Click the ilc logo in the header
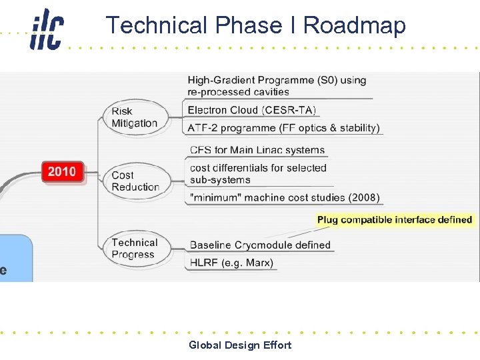[x=46, y=30]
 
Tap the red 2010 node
[x=62, y=172]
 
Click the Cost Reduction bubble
[x=135, y=181]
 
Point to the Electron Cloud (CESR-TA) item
[x=251, y=110]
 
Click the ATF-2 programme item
[x=283, y=128]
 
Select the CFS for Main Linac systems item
[x=257, y=150]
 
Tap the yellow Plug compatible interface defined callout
[x=395, y=219]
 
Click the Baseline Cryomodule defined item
[x=260, y=245]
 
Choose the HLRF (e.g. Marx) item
[x=231, y=263]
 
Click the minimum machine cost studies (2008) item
[x=285, y=197]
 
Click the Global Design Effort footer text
[x=240, y=345]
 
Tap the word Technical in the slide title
[x=157, y=25]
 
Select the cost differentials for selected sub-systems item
[x=258, y=174]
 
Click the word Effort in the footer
[x=277, y=345]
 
